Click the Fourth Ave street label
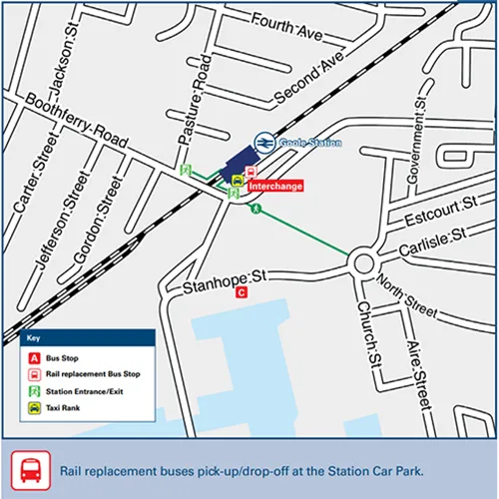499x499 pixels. click(x=287, y=27)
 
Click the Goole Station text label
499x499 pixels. click(x=311, y=144)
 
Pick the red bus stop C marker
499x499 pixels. click(x=241, y=293)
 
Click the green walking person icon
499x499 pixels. click(x=256, y=210)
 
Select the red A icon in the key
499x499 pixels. click(x=34, y=357)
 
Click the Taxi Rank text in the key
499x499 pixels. click(x=64, y=409)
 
